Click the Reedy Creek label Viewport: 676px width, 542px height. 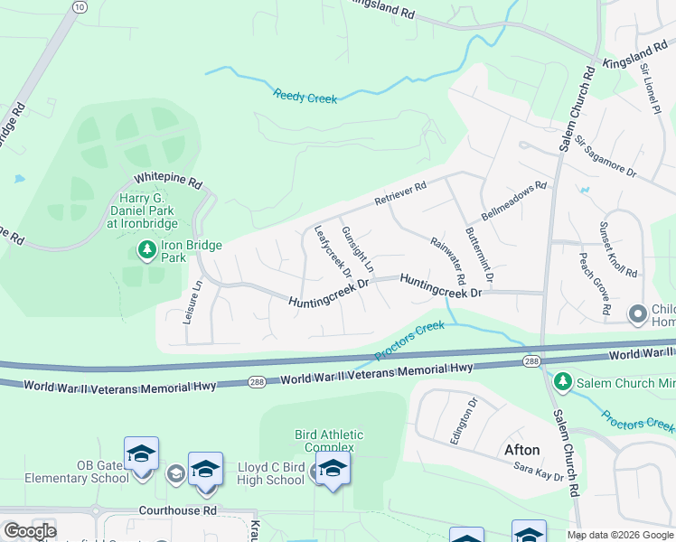click(305, 95)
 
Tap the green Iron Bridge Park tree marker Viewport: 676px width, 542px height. click(145, 248)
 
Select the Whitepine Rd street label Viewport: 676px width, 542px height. click(167, 180)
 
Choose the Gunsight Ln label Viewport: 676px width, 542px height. click(357, 249)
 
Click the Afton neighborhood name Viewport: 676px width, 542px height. click(521, 449)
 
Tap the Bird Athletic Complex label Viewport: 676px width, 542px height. click(330, 441)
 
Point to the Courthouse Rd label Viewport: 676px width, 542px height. click(178, 510)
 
